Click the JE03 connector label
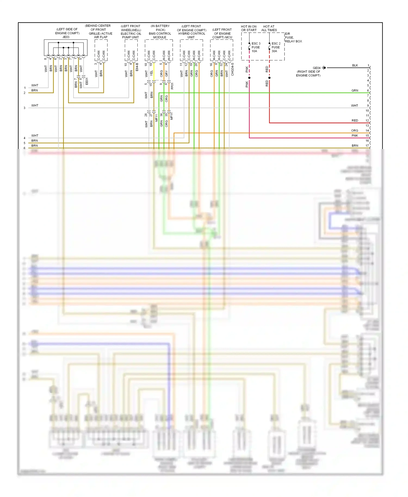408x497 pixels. [66, 37]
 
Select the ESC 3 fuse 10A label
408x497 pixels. [256, 47]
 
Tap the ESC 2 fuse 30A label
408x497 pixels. [276, 47]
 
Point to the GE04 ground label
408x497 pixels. [316, 68]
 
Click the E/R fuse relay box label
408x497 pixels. [293, 38]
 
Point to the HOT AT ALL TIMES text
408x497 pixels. [269, 28]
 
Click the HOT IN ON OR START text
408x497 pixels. [249, 28]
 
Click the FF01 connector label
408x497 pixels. [172, 86]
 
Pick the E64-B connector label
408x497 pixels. [137, 67]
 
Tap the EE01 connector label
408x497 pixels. [87, 81]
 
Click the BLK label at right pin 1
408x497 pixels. [355, 66]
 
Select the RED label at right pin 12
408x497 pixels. [355, 120]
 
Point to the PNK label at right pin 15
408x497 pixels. [355, 135]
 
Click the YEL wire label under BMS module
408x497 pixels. [152, 73]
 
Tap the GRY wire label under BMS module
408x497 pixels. [166, 73]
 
